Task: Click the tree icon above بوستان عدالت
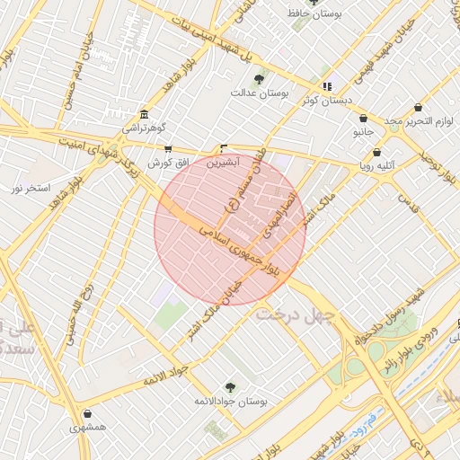click(260, 79)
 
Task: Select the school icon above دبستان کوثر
click(327, 86)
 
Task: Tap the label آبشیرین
click(223, 164)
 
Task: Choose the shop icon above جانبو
click(363, 118)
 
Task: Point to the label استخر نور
click(29, 188)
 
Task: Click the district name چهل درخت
click(294, 314)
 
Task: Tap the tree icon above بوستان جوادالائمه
click(232, 386)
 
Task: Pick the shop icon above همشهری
click(87, 414)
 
